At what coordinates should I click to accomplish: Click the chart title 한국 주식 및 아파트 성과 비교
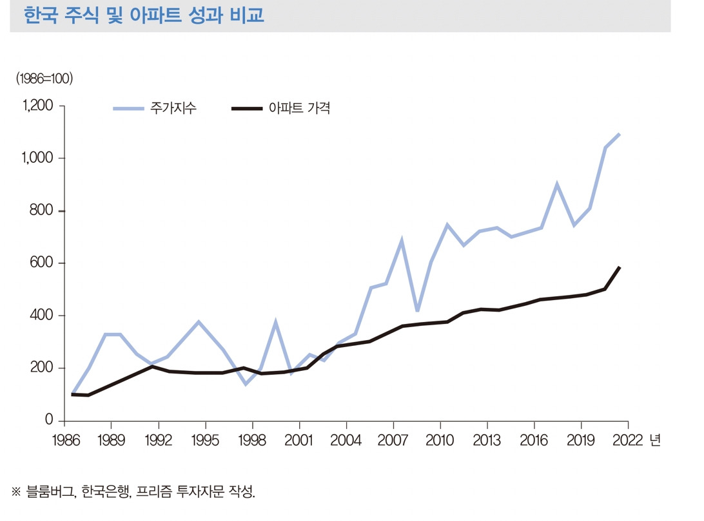pyautogui.click(x=143, y=15)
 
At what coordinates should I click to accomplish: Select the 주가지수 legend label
pyautogui.click(x=173, y=108)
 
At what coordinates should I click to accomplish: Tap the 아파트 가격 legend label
pyautogui.click(x=299, y=108)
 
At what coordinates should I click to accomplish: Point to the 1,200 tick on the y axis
pyautogui.click(x=37, y=106)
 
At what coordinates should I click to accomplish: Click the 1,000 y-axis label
pyautogui.click(x=37, y=158)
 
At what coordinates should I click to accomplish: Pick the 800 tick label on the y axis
pyautogui.click(x=41, y=211)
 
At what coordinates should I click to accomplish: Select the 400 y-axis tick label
pyautogui.click(x=41, y=316)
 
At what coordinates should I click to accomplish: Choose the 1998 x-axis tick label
pyautogui.click(x=252, y=441)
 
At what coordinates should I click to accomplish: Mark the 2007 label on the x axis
pyautogui.click(x=393, y=441)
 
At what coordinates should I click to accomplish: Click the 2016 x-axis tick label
pyautogui.click(x=534, y=441)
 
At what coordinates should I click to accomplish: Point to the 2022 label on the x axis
pyautogui.click(x=627, y=441)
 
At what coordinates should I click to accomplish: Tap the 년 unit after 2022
pyautogui.click(x=655, y=441)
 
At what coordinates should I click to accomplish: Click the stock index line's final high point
pyautogui.click(x=620, y=134)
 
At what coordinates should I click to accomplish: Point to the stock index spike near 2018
pyautogui.click(x=556, y=184)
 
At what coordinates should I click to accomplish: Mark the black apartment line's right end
pyautogui.click(x=620, y=267)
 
